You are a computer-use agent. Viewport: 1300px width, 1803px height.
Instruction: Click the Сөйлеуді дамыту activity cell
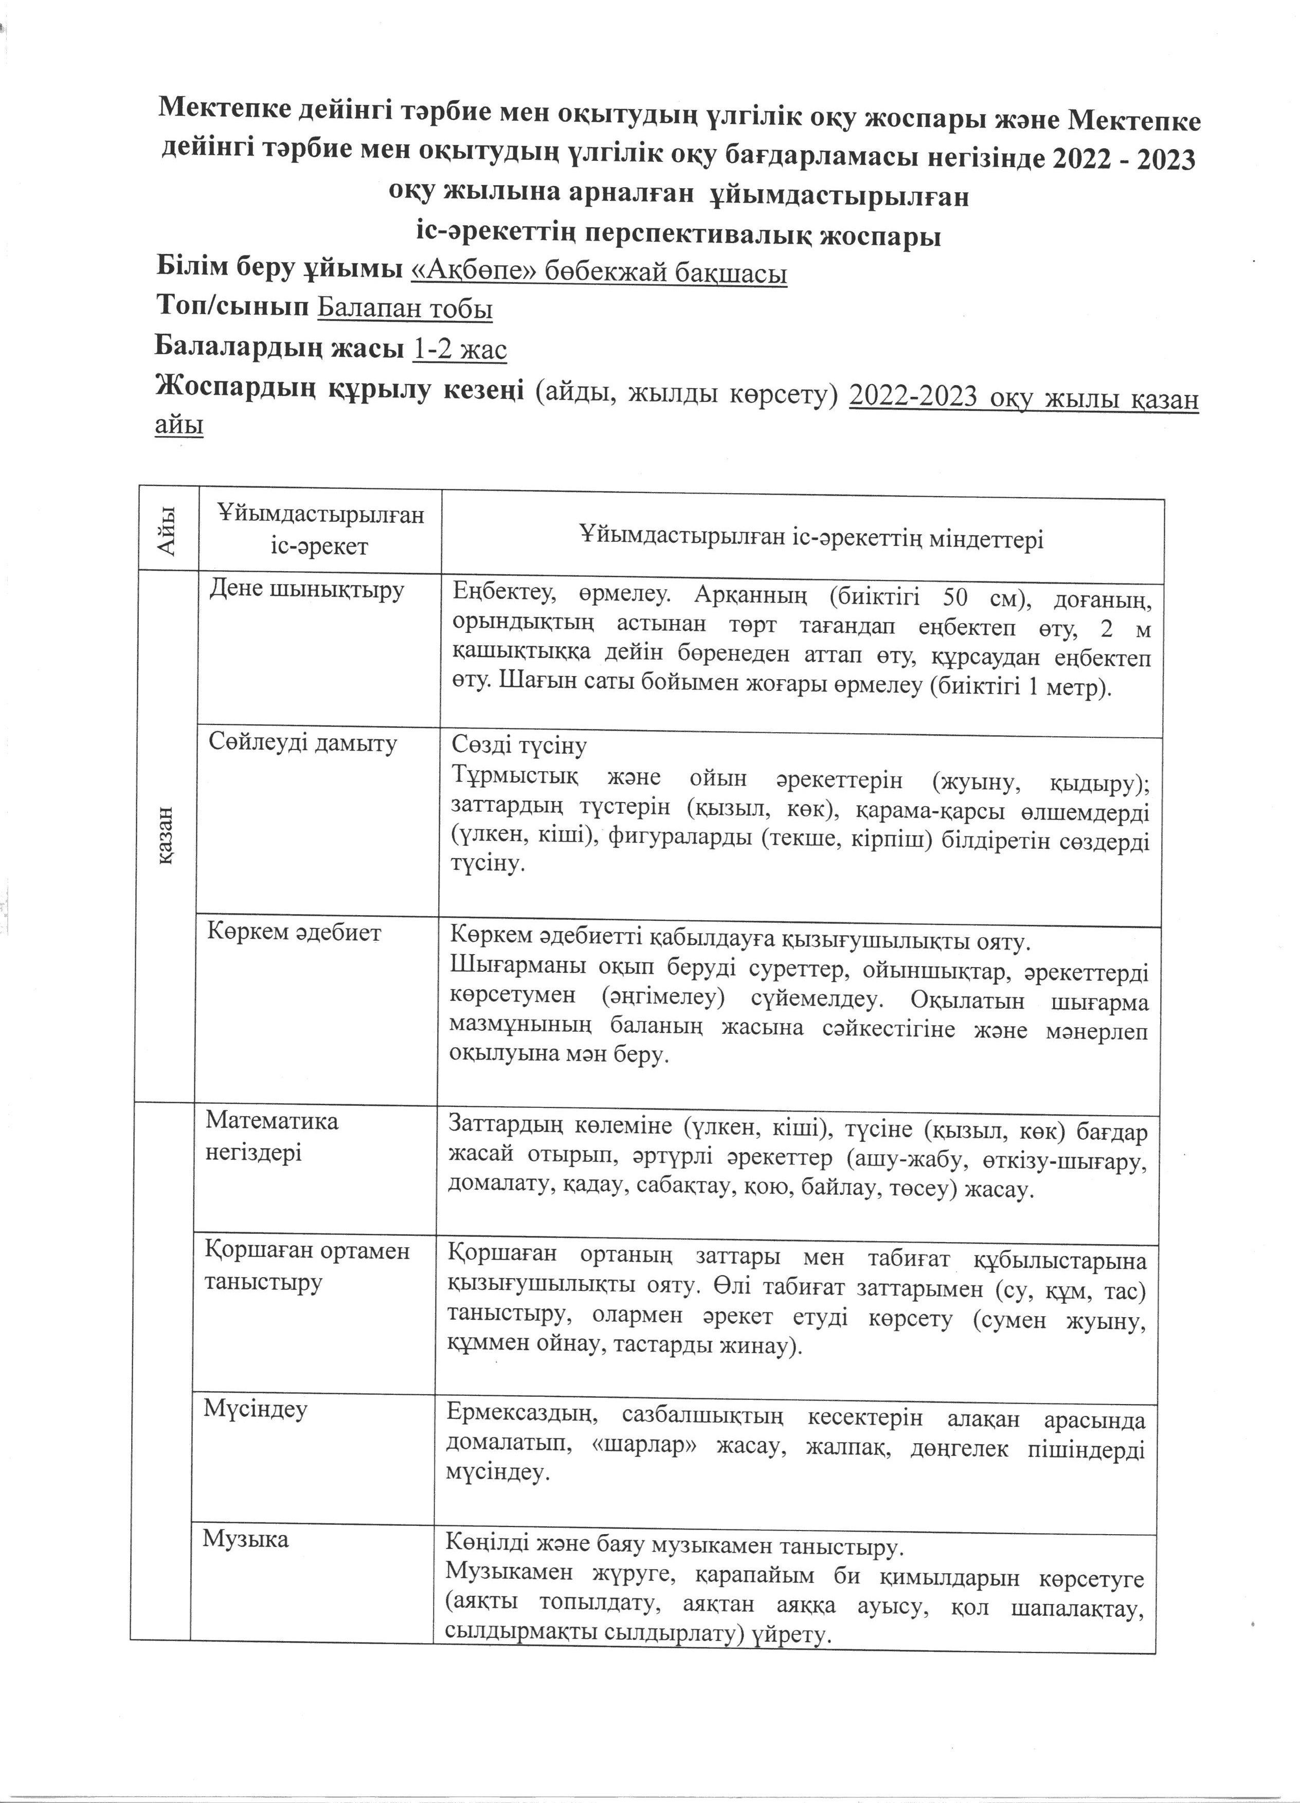click(x=302, y=743)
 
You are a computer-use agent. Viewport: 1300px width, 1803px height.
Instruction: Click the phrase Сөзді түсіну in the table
click(x=519, y=745)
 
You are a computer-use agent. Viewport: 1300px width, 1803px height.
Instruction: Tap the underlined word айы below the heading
click(x=179, y=425)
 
